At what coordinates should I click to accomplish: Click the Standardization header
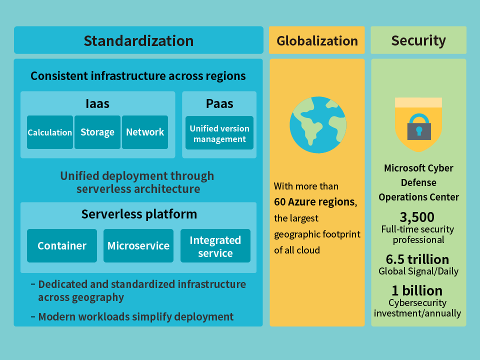click(138, 40)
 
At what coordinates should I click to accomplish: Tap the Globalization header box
click(317, 40)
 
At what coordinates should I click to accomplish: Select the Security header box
click(418, 40)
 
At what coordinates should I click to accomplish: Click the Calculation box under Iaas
click(50, 132)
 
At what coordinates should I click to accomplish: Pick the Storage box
click(97, 132)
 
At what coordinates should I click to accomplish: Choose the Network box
click(145, 132)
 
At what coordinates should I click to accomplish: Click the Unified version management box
click(219, 133)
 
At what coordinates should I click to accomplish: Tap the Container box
click(62, 246)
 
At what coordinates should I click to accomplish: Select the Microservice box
click(138, 246)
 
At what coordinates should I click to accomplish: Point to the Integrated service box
click(215, 246)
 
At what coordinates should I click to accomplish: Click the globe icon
click(318, 125)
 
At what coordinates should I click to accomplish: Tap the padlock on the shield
click(419, 127)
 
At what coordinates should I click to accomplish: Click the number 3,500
click(417, 217)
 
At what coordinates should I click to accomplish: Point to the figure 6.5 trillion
click(417, 259)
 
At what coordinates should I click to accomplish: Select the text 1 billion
click(417, 290)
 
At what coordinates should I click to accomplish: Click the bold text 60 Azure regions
click(314, 202)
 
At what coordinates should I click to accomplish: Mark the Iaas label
click(97, 104)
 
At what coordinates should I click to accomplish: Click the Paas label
click(219, 104)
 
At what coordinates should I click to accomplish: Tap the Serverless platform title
click(139, 214)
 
